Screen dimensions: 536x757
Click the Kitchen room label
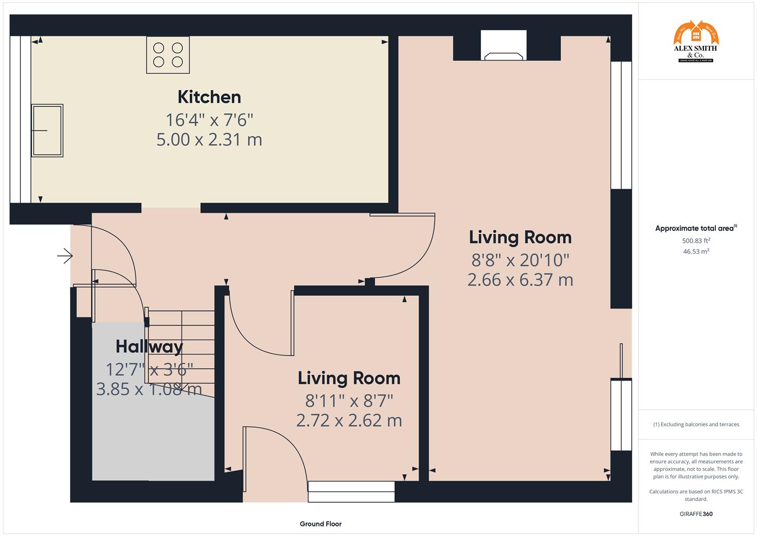pyautogui.click(x=209, y=97)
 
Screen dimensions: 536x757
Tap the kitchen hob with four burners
pyautogui.click(x=168, y=55)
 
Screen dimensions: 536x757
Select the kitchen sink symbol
pyautogui.click(x=47, y=130)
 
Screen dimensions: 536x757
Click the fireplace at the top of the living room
pyautogui.click(x=504, y=46)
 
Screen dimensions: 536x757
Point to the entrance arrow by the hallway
pyautogui.click(x=65, y=256)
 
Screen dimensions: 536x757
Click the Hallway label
pyautogui.click(x=149, y=346)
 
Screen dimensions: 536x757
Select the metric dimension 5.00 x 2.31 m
pyautogui.click(x=209, y=139)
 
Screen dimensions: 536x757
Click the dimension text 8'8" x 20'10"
pyautogui.click(x=520, y=260)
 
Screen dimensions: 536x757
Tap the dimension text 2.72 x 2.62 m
pyautogui.click(x=349, y=420)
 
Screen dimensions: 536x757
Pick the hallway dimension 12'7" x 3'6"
pyautogui.click(x=149, y=369)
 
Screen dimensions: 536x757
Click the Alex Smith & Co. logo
pyautogui.click(x=696, y=42)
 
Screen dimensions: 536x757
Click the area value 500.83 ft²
pyautogui.click(x=696, y=241)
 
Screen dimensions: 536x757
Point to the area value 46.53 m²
pyautogui.click(x=696, y=252)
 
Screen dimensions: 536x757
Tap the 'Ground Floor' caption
pyautogui.click(x=320, y=524)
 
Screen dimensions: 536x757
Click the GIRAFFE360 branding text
pyautogui.click(x=696, y=514)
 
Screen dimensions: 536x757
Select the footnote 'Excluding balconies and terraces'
pyautogui.click(x=696, y=424)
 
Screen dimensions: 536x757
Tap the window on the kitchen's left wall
pyautogui.click(x=20, y=119)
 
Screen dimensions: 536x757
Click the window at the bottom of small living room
pyautogui.click(x=351, y=491)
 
